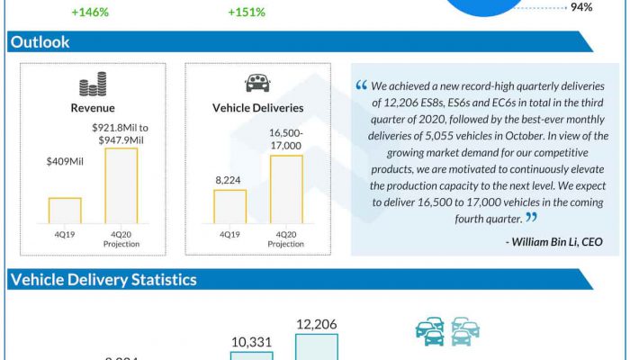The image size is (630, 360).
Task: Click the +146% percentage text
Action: coord(90,13)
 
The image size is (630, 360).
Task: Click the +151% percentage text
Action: coord(246,13)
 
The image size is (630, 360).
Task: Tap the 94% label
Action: coord(581,7)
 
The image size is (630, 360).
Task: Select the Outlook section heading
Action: coord(40,42)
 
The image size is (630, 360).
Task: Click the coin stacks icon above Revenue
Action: coord(93,86)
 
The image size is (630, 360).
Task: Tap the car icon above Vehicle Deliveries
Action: coord(258,84)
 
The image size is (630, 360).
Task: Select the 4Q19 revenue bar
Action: coord(65,211)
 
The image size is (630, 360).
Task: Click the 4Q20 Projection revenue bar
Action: coord(121,185)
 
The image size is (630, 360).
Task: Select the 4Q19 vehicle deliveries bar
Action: coord(229,206)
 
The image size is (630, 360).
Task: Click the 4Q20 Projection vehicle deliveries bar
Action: coord(286,189)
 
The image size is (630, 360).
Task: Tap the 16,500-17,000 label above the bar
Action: coord(286,139)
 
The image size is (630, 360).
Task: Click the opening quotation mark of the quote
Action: coord(362,86)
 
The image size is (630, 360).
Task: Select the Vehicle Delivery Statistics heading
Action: coord(103,280)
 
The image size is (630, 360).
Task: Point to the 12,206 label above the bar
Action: coord(317,324)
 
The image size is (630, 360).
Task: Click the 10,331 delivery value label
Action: coord(251,342)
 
